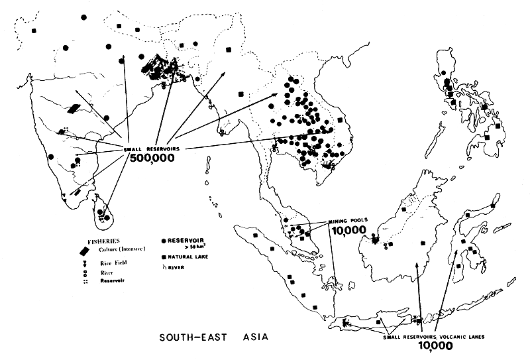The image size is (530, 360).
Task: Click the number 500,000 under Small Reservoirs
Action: [151, 159]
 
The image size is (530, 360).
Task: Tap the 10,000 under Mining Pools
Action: [345, 231]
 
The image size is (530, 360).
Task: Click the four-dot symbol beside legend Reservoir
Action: [84, 280]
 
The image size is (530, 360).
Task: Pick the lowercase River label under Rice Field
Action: [100, 272]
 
